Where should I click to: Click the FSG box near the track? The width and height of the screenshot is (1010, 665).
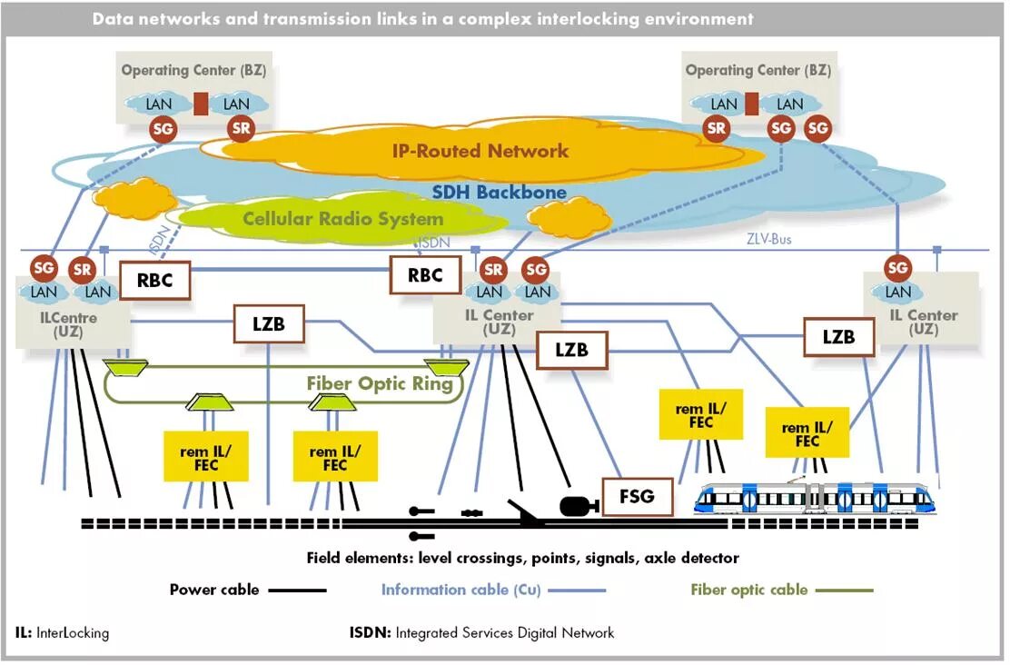tap(637, 497)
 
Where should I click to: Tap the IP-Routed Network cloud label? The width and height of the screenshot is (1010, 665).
tap(480, 151)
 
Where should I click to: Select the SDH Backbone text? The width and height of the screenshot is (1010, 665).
tap(499, 193)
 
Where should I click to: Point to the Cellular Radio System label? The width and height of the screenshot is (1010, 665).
tap(342, 219)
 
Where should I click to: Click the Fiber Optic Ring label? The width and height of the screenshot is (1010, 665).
tap(379, 383)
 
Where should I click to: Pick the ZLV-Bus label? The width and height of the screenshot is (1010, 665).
tap(769, 240)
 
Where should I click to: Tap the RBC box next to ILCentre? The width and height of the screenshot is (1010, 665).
tap(155, 281)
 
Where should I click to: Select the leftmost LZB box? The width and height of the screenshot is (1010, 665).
tap(268, 324)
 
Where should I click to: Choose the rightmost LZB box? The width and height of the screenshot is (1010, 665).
tap(838, 336)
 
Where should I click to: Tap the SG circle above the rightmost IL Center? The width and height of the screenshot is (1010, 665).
tap(897, 267)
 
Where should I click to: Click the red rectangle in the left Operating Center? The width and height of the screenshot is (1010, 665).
tap(201, 104)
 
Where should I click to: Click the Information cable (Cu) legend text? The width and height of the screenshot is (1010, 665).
tap(460, 590)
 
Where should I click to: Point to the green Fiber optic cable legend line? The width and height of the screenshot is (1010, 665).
tap(844, 591)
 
